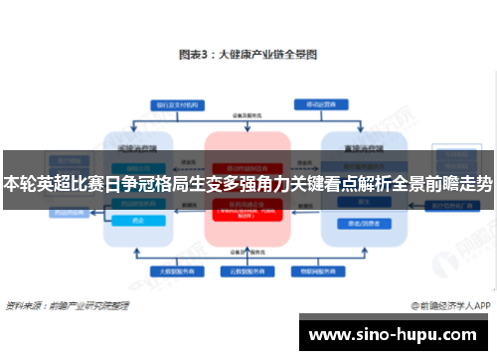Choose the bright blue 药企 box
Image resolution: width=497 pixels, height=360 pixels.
tap(138, 221)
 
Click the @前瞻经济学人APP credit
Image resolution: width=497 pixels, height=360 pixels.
tap(447, 305)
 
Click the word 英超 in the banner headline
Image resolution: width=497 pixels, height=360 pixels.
tap(55, 184)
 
